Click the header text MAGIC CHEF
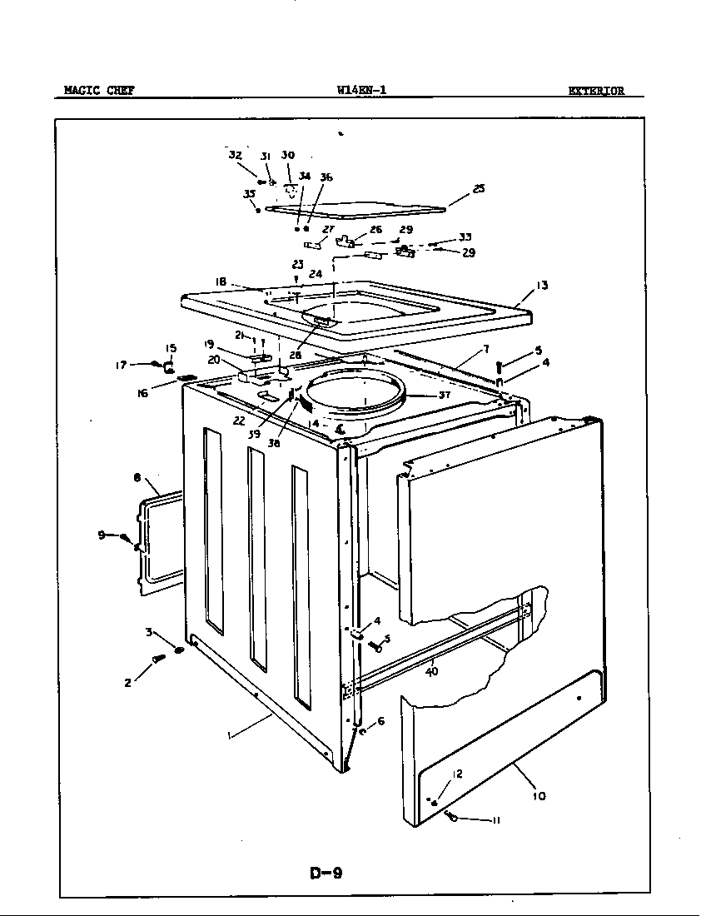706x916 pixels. (x=99, y=91)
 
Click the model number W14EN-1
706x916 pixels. (x=361, y=91)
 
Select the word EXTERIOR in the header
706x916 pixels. (x=596, y=92)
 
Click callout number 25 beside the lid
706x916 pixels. (x=478, y=189)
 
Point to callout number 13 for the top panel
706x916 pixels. (x=542, y=286)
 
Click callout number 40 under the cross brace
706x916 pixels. (x=432, y=671)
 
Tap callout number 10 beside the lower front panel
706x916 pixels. (x=539, y=796)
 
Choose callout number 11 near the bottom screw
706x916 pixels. (x=496, y=820)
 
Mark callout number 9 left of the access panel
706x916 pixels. (x=102, y=535)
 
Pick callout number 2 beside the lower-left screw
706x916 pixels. (x=127, y=683)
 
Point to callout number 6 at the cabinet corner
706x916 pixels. (x=380, y=721)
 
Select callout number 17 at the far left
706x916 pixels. (x=120, y=364)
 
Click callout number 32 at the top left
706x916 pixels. (x=235, y=155)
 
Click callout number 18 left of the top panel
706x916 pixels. (x=221, y=282)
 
